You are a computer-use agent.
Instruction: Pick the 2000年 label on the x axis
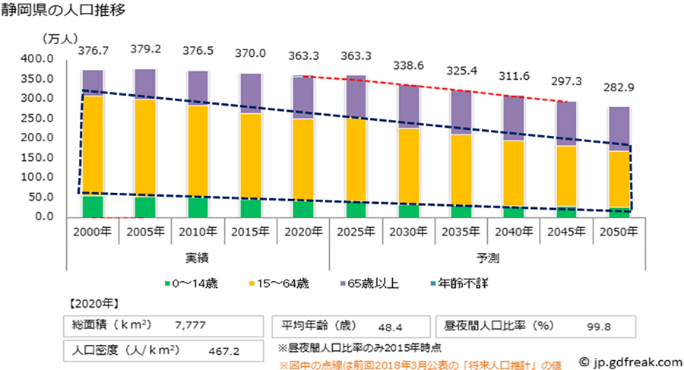coord(92,230)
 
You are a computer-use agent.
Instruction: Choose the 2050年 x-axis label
coord(620,230)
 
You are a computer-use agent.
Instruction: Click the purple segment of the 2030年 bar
coord(409,106)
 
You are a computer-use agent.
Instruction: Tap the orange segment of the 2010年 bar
coord(198,151)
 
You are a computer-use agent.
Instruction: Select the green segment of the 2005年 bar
coord(145,207)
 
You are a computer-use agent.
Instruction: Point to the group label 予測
coord(488,258)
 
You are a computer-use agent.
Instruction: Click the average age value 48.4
coord(390,327)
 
